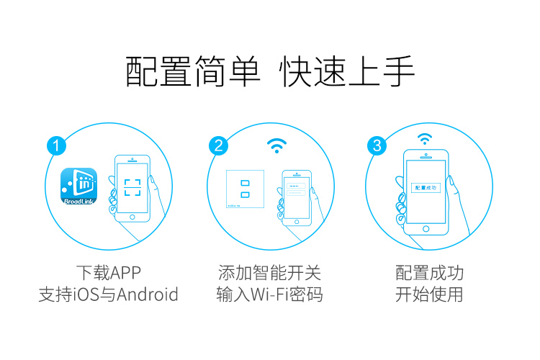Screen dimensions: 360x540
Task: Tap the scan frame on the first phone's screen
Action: pyautogui.click(x=132, y=187)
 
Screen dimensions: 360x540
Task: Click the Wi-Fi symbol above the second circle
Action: pyautogui.click(x=274, y=146)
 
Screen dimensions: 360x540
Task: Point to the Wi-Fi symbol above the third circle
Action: pyautogui.click(x=426, y=138)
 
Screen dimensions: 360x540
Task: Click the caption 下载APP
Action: pyautogui.click(x=108, y=273)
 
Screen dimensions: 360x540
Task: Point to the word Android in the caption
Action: pyautogui.click(x=148, y=294)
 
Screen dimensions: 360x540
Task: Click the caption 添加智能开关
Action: pyautogui.click(x=269, y=273)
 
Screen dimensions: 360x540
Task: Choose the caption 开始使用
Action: pyautogui.click(x=429, y=294)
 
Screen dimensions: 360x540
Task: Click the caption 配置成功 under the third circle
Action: pyautogui.click(x=429, y=273)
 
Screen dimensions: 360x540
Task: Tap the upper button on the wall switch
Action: pyautogui.click(x=246, y=181)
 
